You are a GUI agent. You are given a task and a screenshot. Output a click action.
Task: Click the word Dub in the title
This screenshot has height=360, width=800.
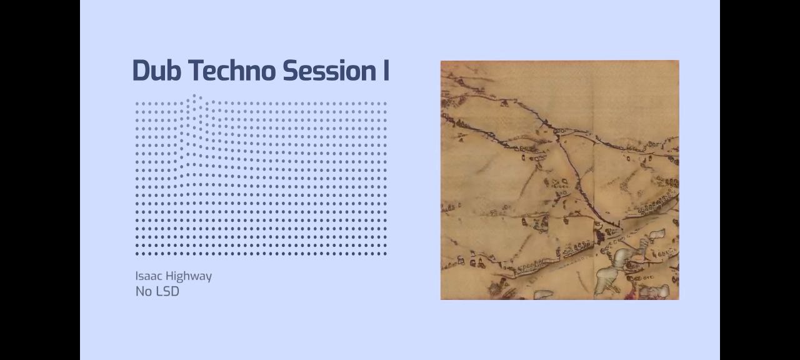[x=157, y=71]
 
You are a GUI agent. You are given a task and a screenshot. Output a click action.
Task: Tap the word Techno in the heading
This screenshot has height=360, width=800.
[x=232, y=71]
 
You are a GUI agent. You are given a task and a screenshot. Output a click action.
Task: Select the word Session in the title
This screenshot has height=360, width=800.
[x=328, y=71]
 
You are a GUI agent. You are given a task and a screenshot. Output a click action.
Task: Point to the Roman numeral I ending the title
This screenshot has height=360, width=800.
[x=386, y=71]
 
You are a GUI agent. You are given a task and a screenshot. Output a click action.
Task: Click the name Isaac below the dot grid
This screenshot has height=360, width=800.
[x=149, y=276]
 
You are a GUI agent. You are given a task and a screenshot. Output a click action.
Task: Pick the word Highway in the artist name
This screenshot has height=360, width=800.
[x=189, y=277]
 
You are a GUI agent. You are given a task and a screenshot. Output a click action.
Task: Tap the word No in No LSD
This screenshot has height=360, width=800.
[x=144, y=291]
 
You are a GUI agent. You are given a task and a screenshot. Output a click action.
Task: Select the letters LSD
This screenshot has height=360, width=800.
[x=168, y=291]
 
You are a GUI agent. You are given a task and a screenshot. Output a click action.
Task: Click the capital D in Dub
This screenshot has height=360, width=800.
[x=141, y=71]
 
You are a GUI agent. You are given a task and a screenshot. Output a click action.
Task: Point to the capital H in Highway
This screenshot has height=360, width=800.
[x=170, y=276]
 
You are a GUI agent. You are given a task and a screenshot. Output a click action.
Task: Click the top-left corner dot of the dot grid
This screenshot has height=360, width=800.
[x=137, y=104]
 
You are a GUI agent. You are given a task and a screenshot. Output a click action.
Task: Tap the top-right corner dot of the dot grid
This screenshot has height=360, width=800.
[x=385, y=104]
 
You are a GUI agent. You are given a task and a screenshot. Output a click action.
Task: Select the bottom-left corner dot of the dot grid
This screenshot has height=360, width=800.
[x=137, y=254]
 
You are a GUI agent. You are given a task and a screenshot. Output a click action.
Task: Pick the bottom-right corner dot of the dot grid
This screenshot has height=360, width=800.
[x=385, y=254]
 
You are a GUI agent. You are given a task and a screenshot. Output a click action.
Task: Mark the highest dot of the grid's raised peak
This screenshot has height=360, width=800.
[x=194, y=96]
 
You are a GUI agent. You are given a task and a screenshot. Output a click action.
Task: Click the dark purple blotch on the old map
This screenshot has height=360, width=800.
[x=599, y=236]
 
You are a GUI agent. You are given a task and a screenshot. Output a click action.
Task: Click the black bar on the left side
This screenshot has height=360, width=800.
[x=40, y=180]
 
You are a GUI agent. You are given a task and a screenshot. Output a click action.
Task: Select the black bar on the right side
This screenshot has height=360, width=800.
[x=760, y=180]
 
